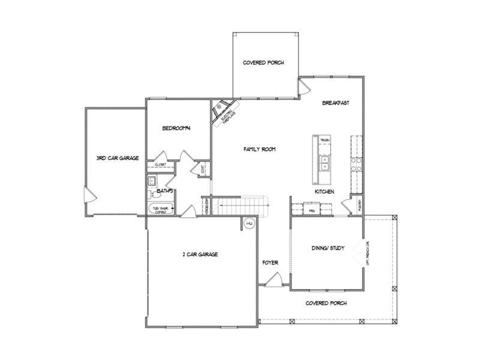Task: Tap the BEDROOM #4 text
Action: (x=176, y=128)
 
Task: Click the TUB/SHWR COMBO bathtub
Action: (x=161, y=210)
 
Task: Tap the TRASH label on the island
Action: (x=325, y=139)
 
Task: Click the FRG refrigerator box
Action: (x=312, y=211)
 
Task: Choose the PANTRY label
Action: (x=359, y=204)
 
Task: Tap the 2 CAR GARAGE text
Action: (x=200, y=254)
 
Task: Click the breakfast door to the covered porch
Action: (x=305, y=88)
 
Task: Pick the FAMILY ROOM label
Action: (x=259, y=149)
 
